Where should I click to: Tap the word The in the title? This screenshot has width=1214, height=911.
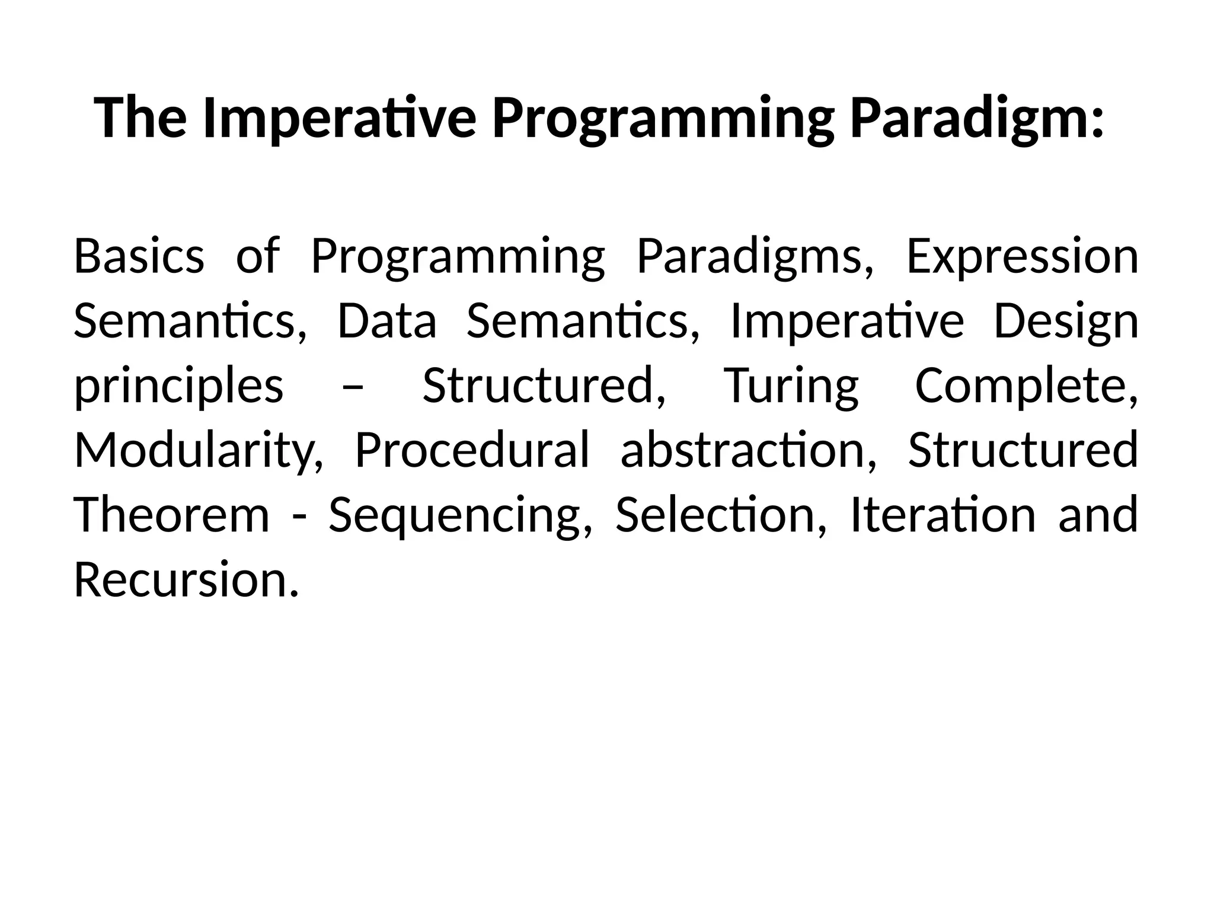coord(140,119)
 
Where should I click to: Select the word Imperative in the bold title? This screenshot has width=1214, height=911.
coord(339,119)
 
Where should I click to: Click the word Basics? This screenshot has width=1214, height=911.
coord(139,256)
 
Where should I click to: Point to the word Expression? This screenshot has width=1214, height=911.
coord(1022,256)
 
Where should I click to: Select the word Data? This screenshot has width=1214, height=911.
coord(386,321)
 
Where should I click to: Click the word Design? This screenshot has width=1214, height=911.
coord(1065,321)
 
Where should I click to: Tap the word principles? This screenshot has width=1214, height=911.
coord(178,386)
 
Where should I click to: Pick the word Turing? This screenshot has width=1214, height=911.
coord(791,386)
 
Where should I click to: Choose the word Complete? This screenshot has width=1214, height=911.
coord(1026,386)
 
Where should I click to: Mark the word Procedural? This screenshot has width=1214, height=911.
coord(472,450)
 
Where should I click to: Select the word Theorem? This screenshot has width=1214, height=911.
coord(172,515)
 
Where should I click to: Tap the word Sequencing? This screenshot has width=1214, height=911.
coord(460,515)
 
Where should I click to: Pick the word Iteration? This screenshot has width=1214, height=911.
coord(943,515)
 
